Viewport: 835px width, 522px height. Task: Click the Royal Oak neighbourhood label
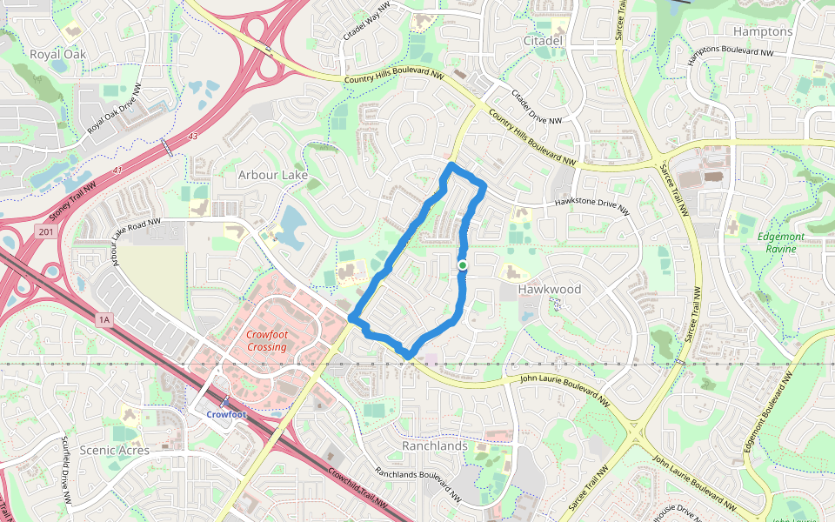pyautogui.click(x=58, y=54)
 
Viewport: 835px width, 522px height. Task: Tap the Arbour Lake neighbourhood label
pyautogui.click(x=273, y=175)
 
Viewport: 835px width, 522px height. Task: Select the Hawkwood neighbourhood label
pyautogui.click(x=550, y=288)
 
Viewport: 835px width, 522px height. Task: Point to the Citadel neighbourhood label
pyautogui.click(x=544, y=40)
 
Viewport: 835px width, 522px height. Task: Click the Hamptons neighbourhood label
pyautogui.click(x=763, y=31)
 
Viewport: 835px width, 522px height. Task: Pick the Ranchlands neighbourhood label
pyautogui.click(x=435, y=445)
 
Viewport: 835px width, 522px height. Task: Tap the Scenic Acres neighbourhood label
pyautogui.click(x=114, y=450)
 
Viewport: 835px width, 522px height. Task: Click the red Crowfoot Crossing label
pyautogui.click(x=266, y=340)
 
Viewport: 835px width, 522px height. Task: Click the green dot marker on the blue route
pyautogui.click(x=463, y=265)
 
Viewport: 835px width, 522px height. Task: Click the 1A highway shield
pyautogui.click(x=105, y=320)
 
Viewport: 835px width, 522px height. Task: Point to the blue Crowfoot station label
pyautogui.click(x=225, y=414)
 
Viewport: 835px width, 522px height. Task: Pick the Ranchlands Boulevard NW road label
pyautogui.click(x=417, y=485)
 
